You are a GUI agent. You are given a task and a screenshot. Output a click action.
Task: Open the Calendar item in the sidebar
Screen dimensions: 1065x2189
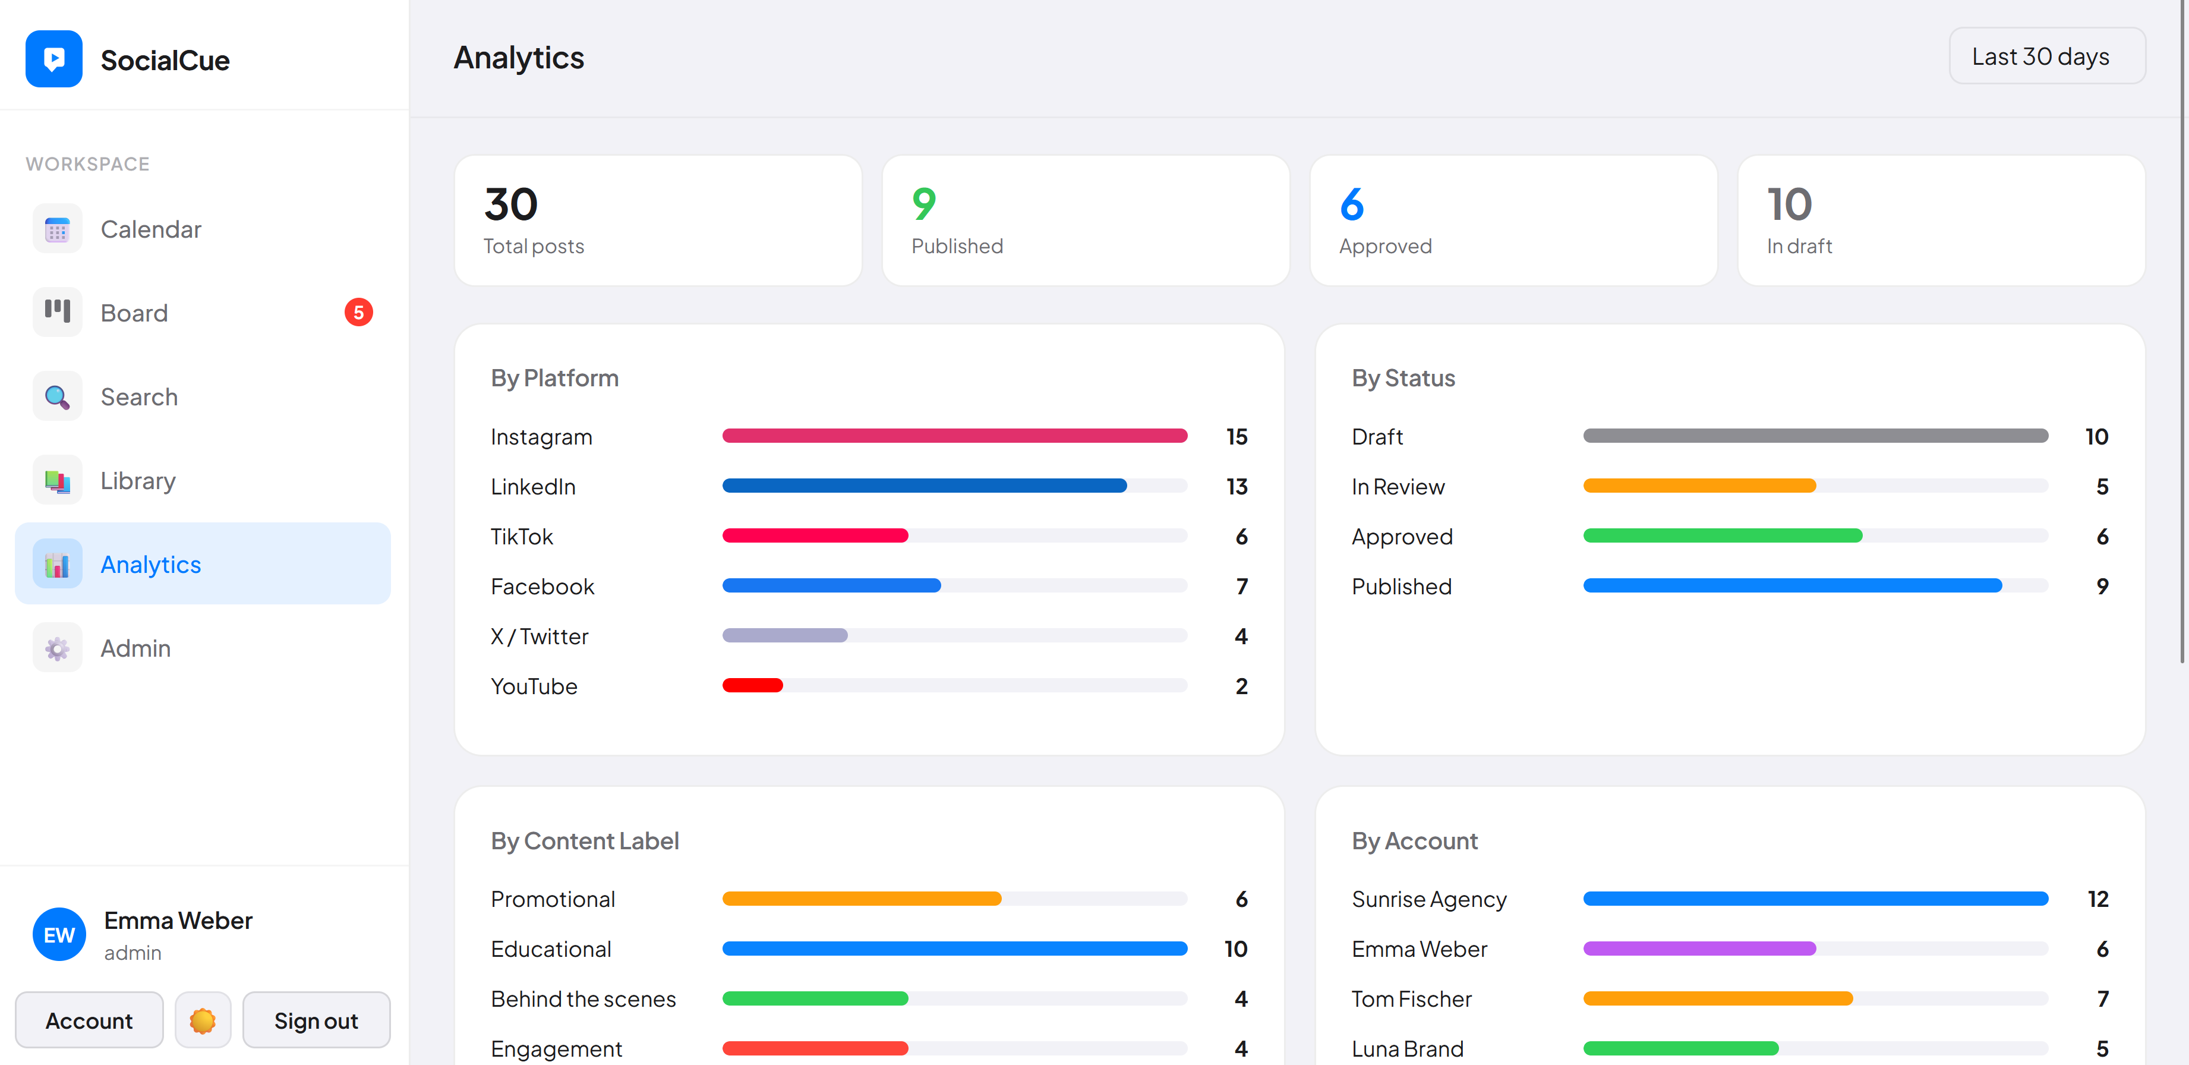coord(150,229)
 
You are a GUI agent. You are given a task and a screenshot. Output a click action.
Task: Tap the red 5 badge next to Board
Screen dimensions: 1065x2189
coord(358,313)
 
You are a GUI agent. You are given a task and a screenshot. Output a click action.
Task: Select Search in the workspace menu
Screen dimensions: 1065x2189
coord(138,397)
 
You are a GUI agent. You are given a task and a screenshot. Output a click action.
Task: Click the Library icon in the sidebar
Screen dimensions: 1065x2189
coord(57,481)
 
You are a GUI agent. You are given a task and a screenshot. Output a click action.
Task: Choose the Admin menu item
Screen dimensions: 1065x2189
coord(135,648)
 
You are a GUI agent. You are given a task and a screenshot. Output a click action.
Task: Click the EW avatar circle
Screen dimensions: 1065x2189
coord(59,934)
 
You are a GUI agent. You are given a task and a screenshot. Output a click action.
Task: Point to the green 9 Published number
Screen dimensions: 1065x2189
coord(924,204)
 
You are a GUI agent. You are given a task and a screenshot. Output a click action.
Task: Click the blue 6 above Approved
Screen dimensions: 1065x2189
coord(1351,204)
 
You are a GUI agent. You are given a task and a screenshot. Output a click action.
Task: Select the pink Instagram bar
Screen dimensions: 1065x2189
coord(954,436)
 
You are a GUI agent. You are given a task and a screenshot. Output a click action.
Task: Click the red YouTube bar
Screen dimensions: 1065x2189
coord(752,685)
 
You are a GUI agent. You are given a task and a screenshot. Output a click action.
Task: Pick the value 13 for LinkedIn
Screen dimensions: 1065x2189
coord(1237,487)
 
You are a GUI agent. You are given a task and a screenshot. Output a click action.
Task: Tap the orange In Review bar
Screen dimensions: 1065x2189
coord(1699,486)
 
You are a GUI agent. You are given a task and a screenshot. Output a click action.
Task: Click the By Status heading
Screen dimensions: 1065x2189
coord(1403,378)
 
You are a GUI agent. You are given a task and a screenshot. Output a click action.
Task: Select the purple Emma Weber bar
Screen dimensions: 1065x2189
coord(1699,949)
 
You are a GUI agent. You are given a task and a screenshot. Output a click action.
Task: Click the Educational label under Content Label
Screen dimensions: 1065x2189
coord(551,949)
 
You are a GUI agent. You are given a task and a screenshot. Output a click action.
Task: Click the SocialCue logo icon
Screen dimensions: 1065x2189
coord(53,59)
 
